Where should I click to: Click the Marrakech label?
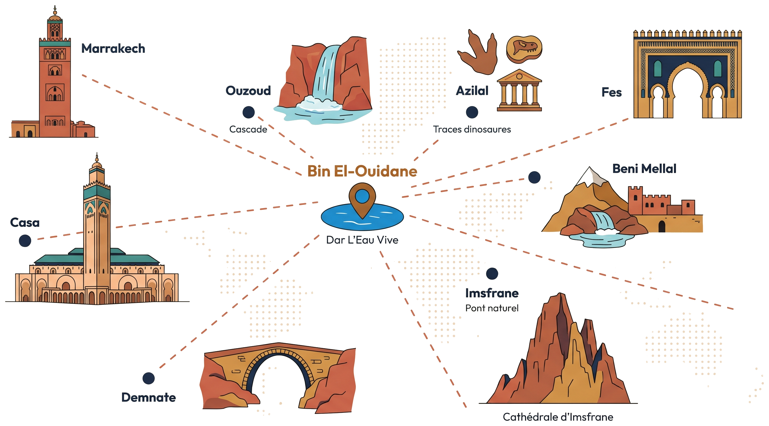tap(113, 49)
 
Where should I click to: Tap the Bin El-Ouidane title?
tap(362, 171)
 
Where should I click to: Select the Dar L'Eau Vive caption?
tap(362, 240)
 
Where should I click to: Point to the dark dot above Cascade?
tap(248, 112)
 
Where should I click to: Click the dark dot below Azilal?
tap(472, 112)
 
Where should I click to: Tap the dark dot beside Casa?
tap(25, 241)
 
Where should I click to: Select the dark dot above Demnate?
tap(149, 378)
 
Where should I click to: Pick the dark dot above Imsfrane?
tap(492, 274)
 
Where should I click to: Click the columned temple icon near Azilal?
tap(519, 90)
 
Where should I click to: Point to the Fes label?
tap(611, 92)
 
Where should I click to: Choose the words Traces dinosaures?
tap(472, 129)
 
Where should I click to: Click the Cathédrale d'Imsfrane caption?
tap(558, 417)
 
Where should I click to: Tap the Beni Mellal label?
tap(644, 169)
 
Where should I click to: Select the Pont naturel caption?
tap(492, 308)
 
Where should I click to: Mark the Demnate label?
tap(149, 397)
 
